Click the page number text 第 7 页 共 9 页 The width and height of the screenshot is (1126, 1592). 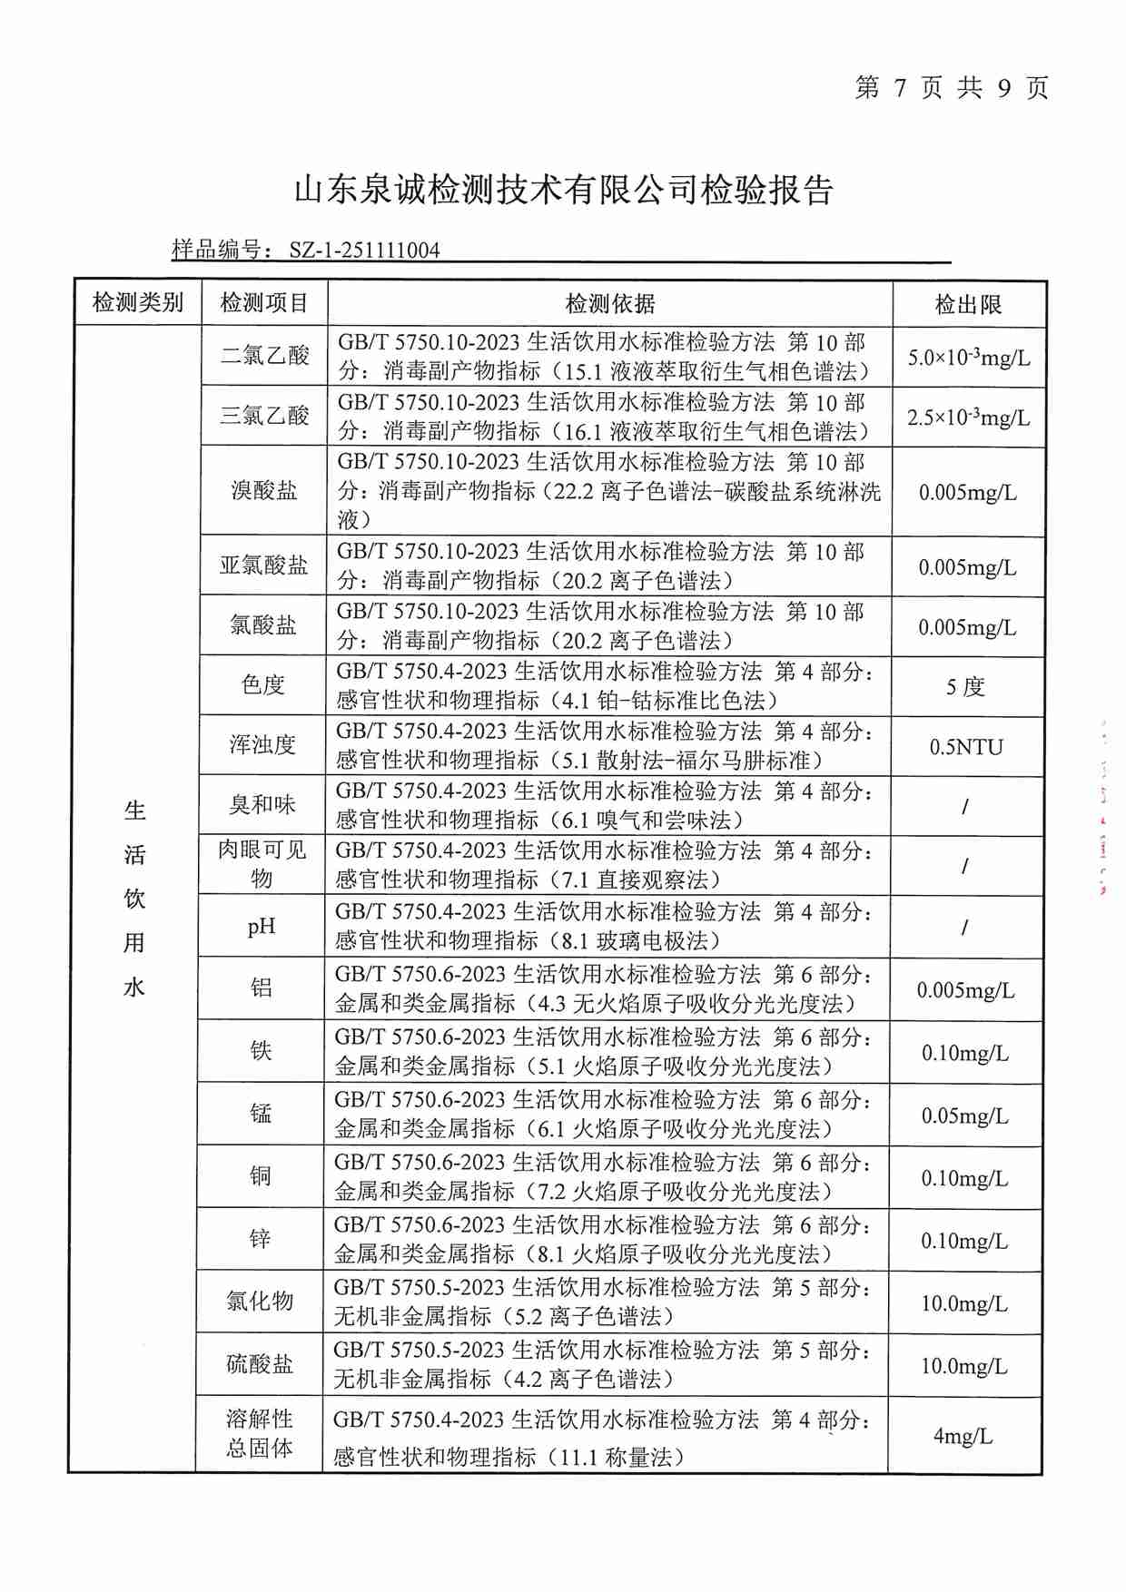[952, 88]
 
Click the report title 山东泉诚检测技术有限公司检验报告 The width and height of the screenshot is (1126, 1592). [564, 192]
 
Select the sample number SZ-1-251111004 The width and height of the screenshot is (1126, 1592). [364, 251]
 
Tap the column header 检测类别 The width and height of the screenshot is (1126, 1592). [138, 303]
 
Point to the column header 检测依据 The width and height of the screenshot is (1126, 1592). [609, 304]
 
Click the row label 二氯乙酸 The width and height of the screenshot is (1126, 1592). [264, 356]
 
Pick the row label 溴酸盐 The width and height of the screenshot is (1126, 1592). [263, 491]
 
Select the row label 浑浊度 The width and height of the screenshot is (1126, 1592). [262, 745]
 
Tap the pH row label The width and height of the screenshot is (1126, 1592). [262, 927]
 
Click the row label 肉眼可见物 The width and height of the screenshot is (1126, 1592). [262, 864]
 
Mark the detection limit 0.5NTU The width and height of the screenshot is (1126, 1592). [966, 748]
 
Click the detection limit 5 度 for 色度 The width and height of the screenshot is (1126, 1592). [965, 687]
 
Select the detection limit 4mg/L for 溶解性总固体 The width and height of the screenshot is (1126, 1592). [963, 1437]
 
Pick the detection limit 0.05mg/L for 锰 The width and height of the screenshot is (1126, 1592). [964, 1116]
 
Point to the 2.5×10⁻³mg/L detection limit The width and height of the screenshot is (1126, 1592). [968, 418]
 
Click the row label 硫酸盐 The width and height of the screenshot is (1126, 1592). [260, 1364]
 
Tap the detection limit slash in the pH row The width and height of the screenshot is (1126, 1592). [964, 928]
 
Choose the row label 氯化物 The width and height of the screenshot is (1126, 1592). [260, 1302]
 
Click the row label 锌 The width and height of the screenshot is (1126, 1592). [260, 1239]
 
